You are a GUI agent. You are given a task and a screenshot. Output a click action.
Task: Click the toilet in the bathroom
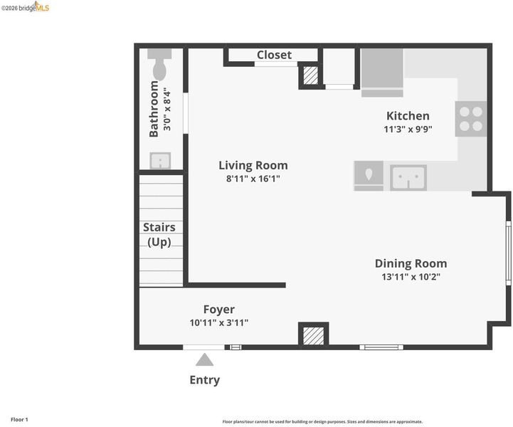[159, 64]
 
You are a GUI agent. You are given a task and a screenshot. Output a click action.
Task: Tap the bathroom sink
[160, 161]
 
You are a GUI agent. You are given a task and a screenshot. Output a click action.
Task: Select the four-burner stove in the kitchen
[471, 119]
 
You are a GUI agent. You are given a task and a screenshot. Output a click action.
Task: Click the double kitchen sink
[408, 178]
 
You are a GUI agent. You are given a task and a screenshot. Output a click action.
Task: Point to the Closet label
[274, 55]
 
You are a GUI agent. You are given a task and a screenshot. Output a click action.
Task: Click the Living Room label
[253, 165]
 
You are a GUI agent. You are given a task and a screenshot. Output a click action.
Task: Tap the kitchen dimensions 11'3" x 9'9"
[408, 130]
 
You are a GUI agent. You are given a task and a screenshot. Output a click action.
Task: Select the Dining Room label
[411, 263]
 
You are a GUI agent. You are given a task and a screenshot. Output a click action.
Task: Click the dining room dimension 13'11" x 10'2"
[411, 277]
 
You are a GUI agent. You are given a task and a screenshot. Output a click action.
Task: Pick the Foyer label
[219, 310]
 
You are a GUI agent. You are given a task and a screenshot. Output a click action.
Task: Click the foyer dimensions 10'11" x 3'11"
[219, 323]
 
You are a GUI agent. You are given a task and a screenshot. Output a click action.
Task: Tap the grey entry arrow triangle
[204, 359]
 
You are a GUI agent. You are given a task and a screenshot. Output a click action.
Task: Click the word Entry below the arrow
[205, 380]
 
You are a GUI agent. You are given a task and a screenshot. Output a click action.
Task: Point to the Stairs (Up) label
[159, 235]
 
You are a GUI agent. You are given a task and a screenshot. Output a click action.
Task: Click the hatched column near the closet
[310, 75]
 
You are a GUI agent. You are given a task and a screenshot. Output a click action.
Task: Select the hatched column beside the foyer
[314, 336]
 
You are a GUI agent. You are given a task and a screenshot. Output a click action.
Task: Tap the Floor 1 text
[20, 419]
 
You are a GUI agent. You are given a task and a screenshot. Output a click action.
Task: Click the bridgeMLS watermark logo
[25, 7]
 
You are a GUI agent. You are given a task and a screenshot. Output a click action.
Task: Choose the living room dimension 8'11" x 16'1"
[253, 179]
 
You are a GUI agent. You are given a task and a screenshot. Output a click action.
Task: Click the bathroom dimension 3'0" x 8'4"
[167, 109]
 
